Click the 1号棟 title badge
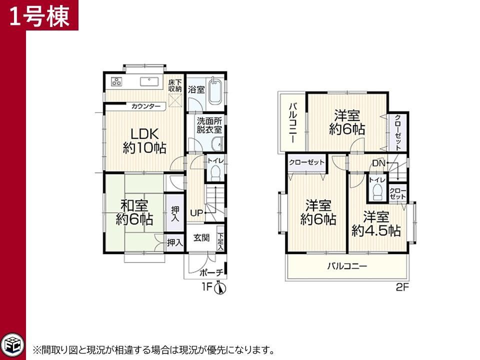[x=39, y=15]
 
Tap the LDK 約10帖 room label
[x=144, y=141]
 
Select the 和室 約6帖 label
[x=134, y=212]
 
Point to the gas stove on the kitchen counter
[x=116, y=81]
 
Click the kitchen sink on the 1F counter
[x=149, y=81]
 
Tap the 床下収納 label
[x=175, y=85]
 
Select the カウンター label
[x=145, y=106]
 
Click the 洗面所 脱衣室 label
[x=209, y=125]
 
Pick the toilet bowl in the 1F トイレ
[x=216, y=173]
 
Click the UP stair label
[x=196, y=212]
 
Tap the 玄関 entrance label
[x=201, y=237]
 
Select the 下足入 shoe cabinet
[x=220, y=238]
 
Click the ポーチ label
[x=210, y=272]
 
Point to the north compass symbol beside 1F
[x=220, y=288]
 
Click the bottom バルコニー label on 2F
[x=347, y=265]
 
